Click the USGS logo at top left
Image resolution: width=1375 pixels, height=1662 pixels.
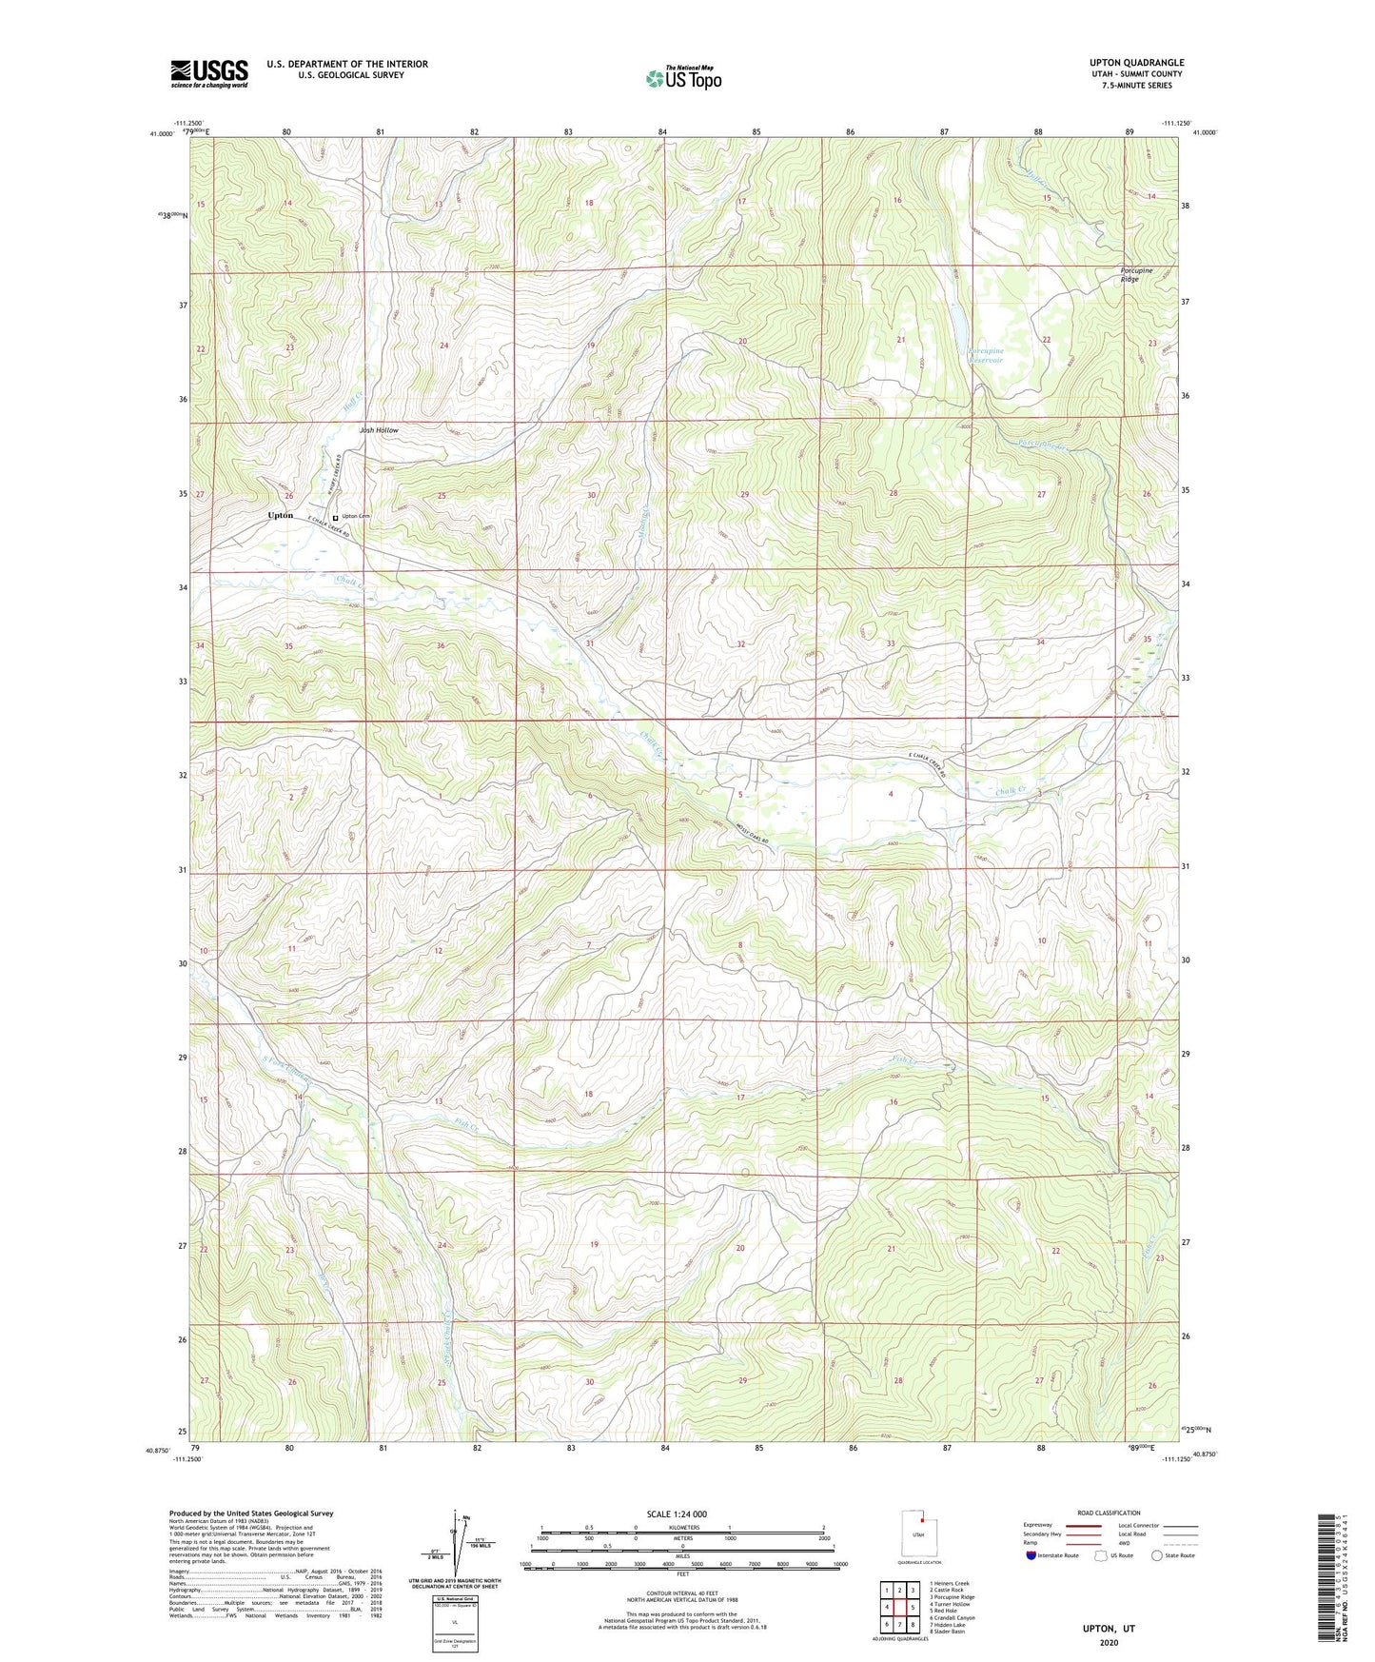208,73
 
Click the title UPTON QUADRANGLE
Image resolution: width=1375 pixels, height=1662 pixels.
1136,63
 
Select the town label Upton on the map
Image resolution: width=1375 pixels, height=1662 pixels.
281,515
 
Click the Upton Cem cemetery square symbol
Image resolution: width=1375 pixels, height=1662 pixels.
335,517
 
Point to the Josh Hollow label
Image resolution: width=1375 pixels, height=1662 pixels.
379,430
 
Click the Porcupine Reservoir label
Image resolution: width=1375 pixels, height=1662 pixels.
986,356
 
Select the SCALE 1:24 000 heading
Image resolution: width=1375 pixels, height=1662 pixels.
677,1514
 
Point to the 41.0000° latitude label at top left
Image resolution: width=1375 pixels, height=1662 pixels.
160,134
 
